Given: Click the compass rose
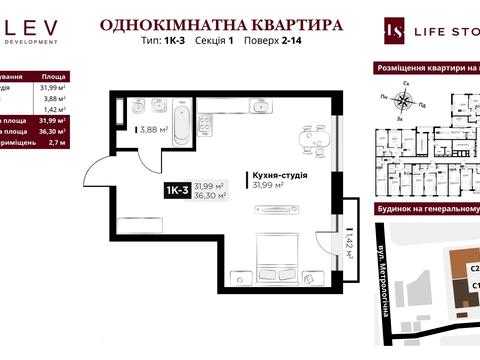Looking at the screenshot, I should click(405, 98).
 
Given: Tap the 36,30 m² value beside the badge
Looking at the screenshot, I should click(209, 196).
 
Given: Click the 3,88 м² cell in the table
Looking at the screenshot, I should click(56, 98).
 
